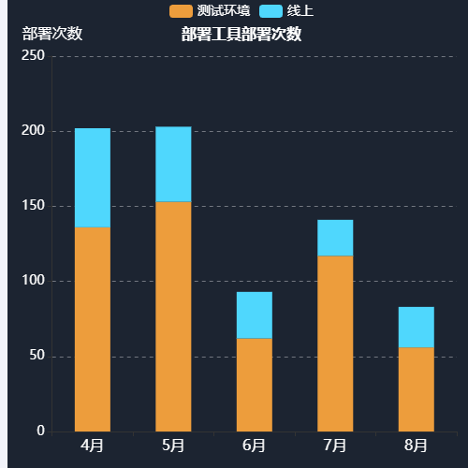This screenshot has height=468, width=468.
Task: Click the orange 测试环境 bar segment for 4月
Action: click(x=93, y=329)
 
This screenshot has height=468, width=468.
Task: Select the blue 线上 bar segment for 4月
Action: click(x=93, y=178)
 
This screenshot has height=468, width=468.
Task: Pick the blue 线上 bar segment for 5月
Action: click(x=173, y=164)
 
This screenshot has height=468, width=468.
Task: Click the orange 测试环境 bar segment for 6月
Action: click(x=254, y=385)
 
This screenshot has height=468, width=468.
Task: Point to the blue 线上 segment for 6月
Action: click(x=254, y=315)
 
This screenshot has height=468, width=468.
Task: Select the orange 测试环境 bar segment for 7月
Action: click(x=335, y=344)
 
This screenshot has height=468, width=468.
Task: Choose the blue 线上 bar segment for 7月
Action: click(x=335, y=238)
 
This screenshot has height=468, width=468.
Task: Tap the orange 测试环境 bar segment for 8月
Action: click(x=416, y=389)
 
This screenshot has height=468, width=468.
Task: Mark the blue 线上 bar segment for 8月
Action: click(x=416, y=328)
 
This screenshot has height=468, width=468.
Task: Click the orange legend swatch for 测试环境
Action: click(x=181, y=11)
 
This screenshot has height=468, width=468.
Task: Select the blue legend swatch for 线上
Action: click(x=271, y=11)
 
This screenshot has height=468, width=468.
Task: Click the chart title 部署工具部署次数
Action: click(x=241, y=35)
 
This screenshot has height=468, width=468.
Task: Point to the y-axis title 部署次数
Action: click(x=52, y=34)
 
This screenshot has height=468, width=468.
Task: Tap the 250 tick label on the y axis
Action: click(x=33, y=56)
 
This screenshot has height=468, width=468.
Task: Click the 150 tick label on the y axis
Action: click(x=33, y=206)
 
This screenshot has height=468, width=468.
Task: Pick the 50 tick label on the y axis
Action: click(x=37, y=356)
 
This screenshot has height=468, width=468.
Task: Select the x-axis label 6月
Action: click(x=254, y=445)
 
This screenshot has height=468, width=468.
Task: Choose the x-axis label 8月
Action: click(x=416, y=445)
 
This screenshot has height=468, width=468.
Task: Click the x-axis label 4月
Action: click(x=93, y=445)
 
